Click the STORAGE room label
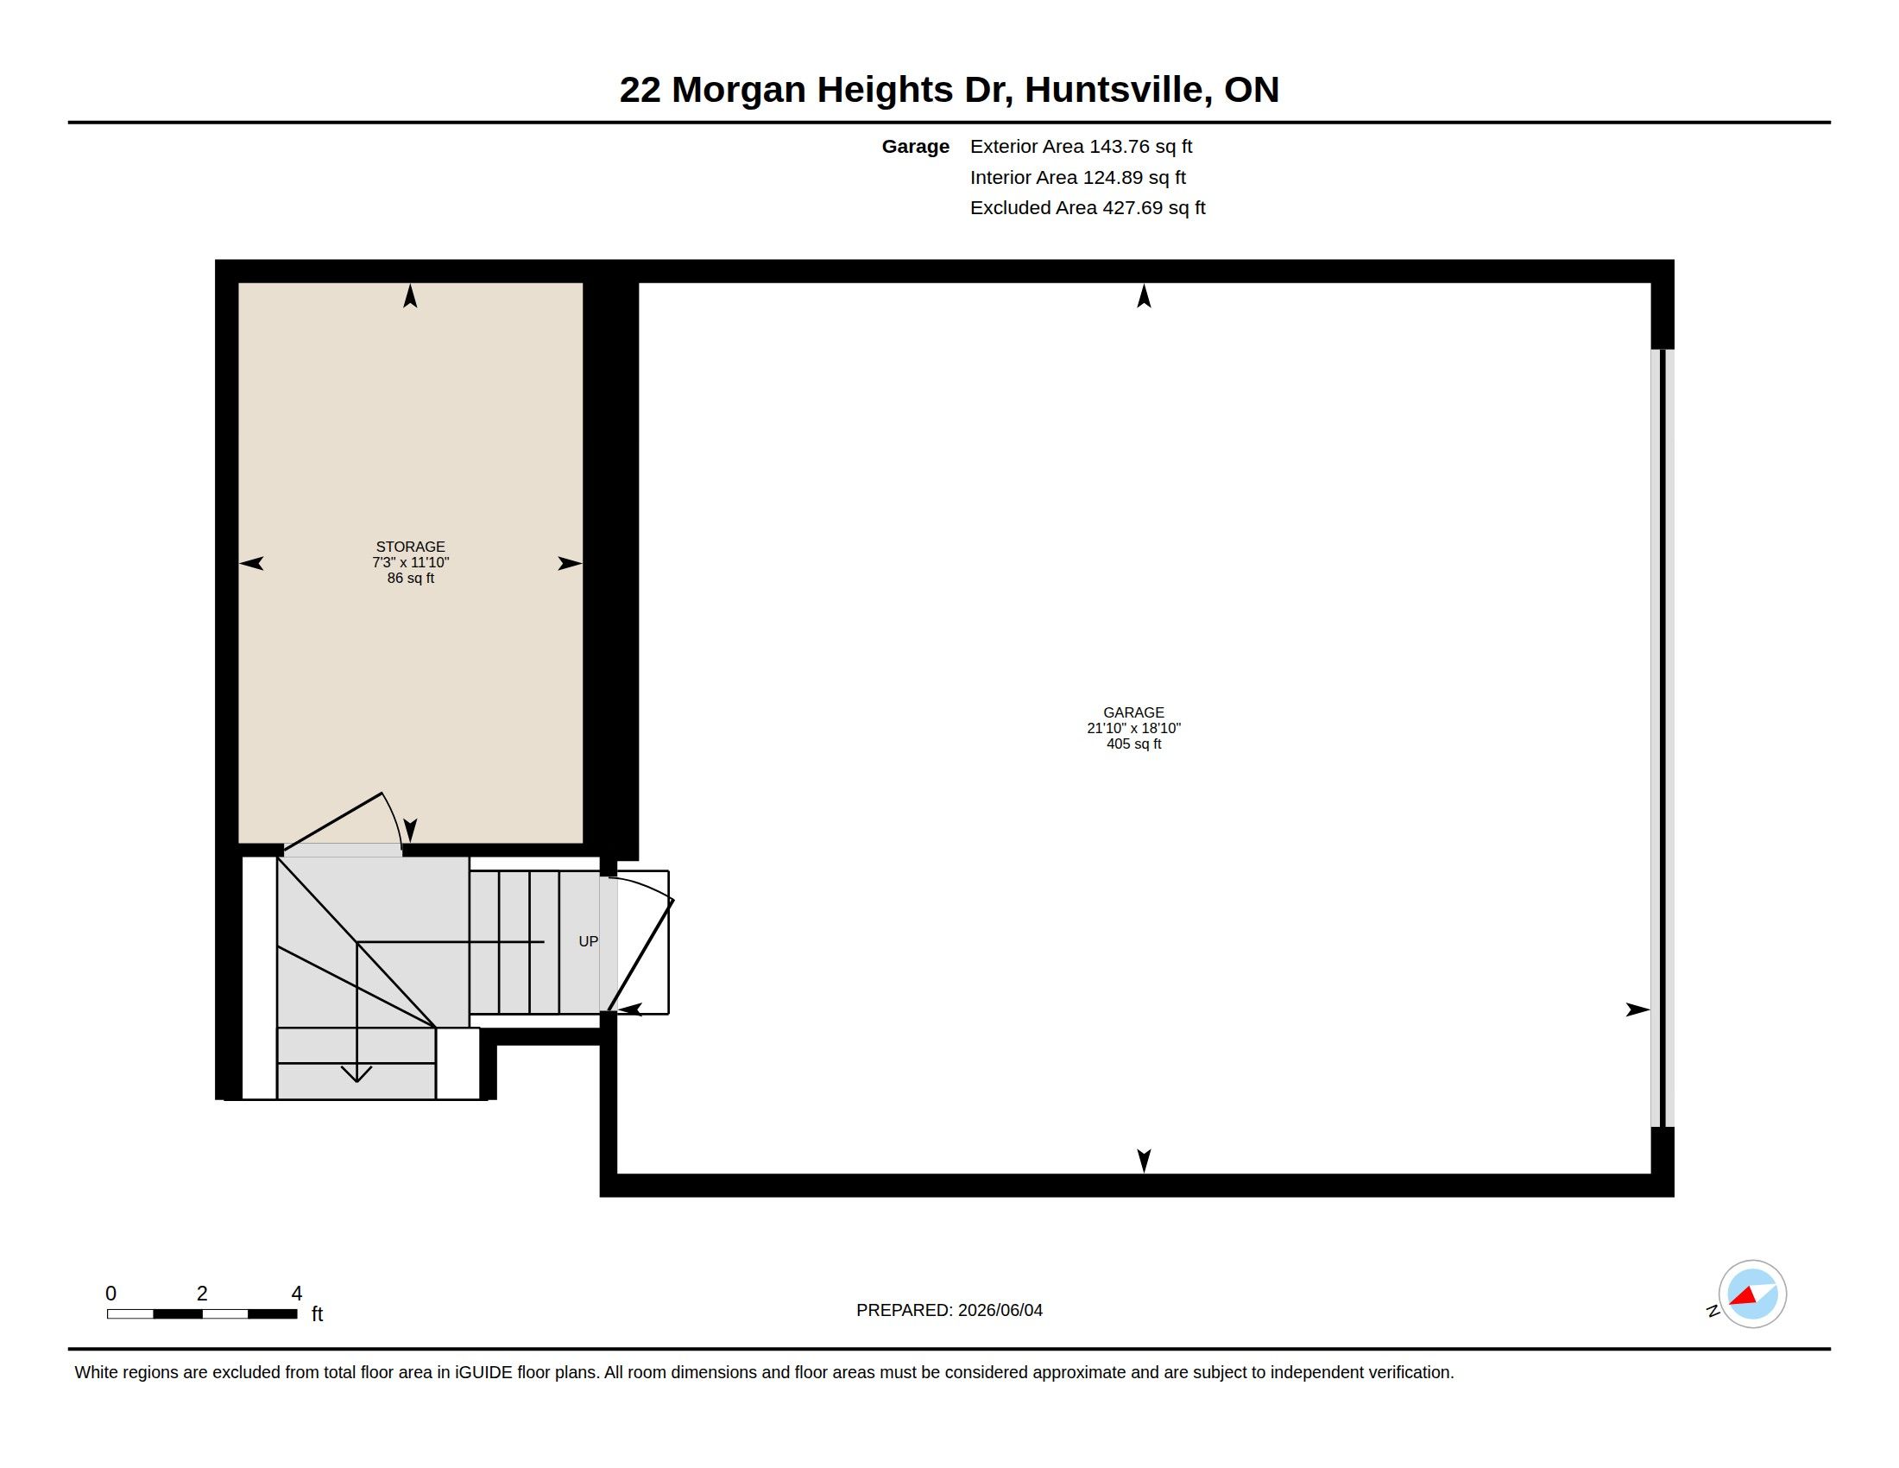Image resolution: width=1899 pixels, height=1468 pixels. [x=410, y=547]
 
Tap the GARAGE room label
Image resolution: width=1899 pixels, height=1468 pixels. [x=1133, y=712]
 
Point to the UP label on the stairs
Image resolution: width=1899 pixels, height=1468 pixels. [x=589, y=941]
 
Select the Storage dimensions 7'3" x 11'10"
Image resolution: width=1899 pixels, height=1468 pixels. [x=410, y=563]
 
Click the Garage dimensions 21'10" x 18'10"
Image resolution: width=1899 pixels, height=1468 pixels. [x=1133, y=728]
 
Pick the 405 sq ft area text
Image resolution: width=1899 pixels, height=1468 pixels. [x=1133, y=743]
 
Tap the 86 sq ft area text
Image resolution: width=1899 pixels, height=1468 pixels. [x=410, y=579]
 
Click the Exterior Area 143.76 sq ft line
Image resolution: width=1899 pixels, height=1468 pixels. [x=1081, y=147]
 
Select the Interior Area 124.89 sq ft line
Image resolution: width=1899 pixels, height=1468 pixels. [x=1077, y=177]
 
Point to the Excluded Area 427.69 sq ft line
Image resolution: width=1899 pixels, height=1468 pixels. [x=1088, y=208]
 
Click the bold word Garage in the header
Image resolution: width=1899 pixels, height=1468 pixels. [x=915, y=147]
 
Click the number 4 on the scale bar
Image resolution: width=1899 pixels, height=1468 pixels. [x=296, y=1294]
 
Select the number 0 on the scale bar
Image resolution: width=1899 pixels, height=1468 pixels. [x=111, y=1294]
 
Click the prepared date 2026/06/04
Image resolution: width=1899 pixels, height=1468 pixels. [x=1000, y=1310]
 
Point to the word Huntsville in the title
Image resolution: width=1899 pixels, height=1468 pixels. [x=1114, y=90]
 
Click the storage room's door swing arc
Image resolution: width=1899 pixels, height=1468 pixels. [x=392, y=819]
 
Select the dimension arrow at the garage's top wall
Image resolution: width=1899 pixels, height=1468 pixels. [x=1144, y=295]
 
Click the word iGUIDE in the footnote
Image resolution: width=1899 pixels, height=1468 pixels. [x=483, y=1372]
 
